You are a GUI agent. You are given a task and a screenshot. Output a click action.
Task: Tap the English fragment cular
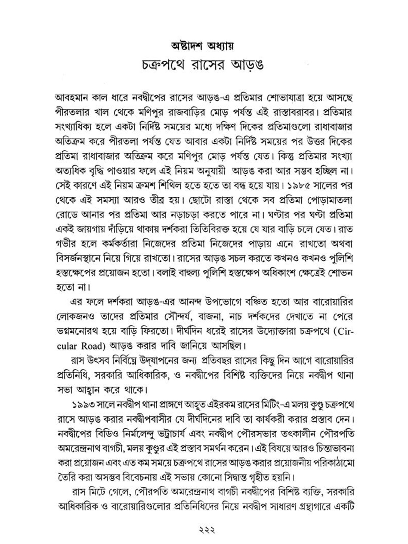[67, 346]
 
